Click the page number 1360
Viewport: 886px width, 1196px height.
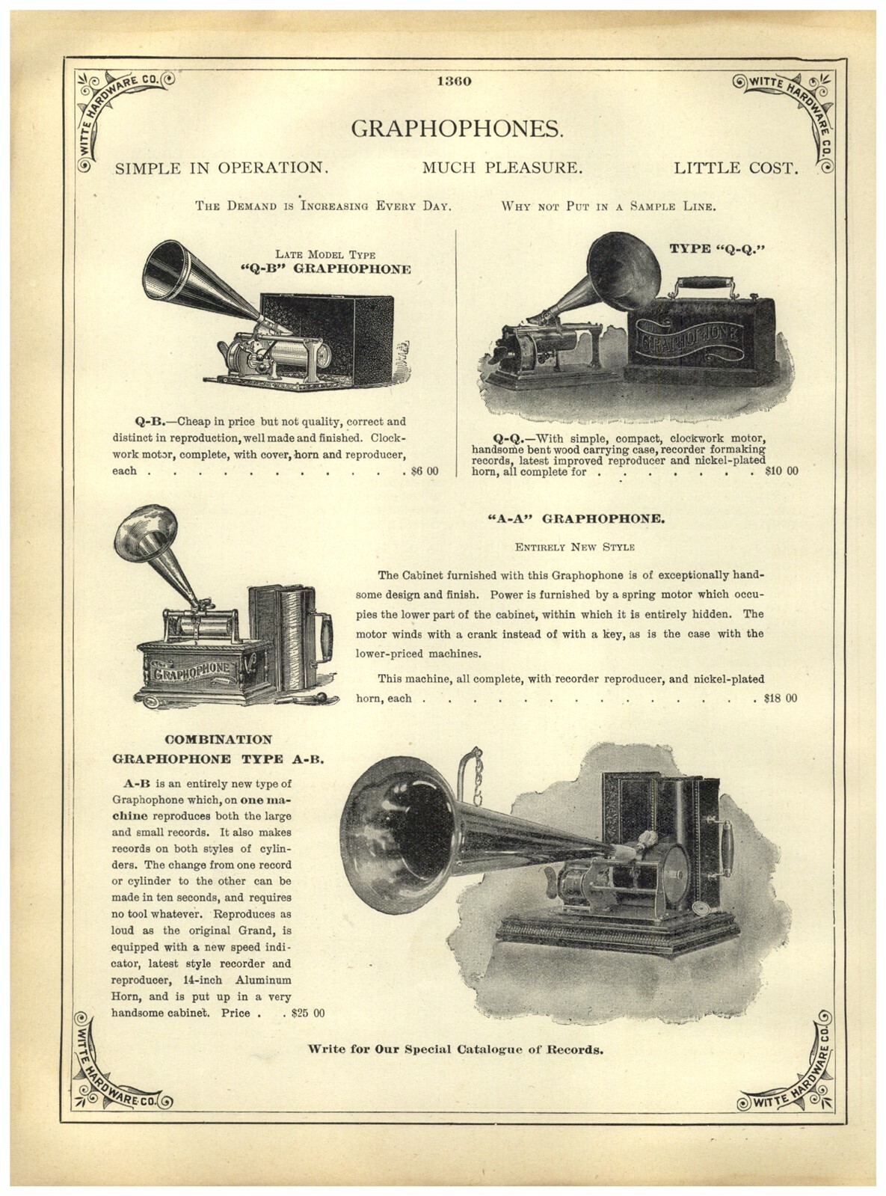click(x=453, y=82)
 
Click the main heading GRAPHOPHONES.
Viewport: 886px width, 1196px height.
click(x=457, y=129)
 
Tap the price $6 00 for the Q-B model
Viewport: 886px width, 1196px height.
click(x=425, y=471)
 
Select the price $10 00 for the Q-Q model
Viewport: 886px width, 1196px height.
click(x=781, y=471)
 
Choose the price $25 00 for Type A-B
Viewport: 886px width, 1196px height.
click(x=308, y=1013)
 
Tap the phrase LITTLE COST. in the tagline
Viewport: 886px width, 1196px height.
click(x=736, y=168)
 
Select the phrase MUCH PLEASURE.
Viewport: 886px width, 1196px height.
click(x=502, y=168)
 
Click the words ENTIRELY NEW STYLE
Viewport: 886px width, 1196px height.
click(x=574, y=547)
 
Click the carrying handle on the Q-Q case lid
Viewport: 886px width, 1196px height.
click(x=704, y=284)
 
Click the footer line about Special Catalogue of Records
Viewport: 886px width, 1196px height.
click(x=456, y=1049)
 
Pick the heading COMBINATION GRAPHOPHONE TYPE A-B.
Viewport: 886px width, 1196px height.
click(x=218, y=749)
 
